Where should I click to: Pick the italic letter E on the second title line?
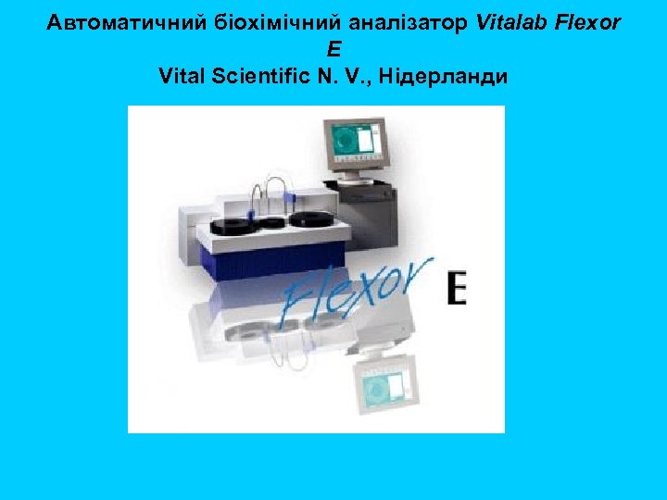333,49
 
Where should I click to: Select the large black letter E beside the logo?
456,287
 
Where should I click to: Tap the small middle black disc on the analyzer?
271,221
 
